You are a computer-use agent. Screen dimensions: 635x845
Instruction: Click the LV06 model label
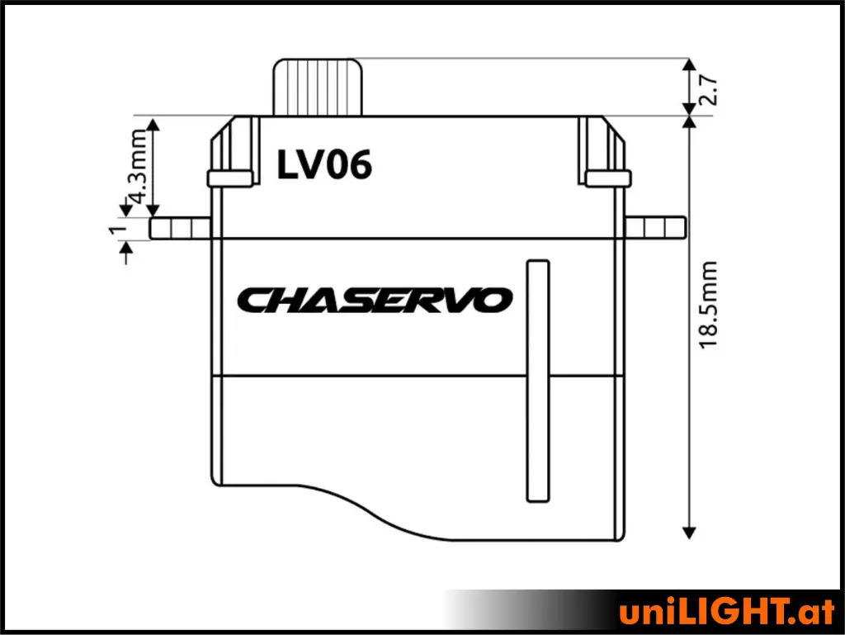[x=323, y=166]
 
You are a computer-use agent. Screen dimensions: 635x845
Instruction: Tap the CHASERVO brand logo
[x=375, y=300]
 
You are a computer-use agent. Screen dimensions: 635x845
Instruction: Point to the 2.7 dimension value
[x=708, y=89]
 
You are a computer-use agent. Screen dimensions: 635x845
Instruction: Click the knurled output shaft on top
[x=318, y=88]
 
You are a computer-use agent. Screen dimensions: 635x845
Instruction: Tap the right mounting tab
[x=655, y=227]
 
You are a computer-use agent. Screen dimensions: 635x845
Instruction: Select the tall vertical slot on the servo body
[x=538, y=381]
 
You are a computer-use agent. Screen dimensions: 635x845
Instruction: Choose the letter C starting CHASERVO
[x=252, y=301]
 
